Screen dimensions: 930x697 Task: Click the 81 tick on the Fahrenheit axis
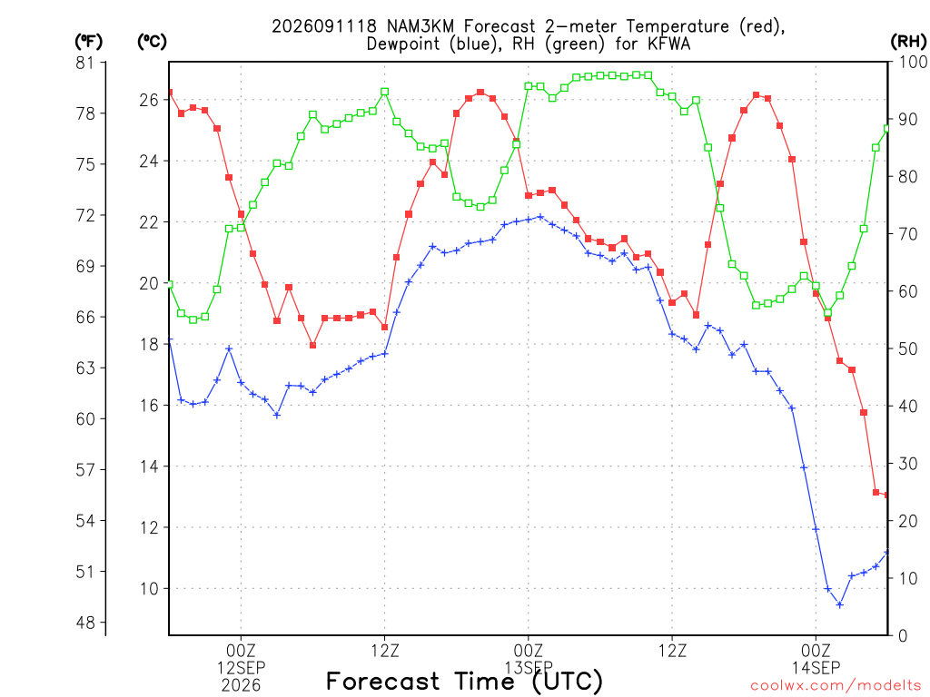coord(85,63)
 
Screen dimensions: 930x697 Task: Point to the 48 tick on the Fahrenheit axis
coord(85,623)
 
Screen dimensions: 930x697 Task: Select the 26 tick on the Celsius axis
coord(150,100)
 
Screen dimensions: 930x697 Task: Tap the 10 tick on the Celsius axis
coord(150,588)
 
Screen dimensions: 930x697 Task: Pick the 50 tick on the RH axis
coord(908,349)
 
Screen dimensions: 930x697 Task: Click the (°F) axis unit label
coord(88,42)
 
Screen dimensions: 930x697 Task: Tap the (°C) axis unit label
coord(152,42)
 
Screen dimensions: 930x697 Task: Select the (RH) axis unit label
coord(908,42)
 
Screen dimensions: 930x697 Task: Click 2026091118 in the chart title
coord(324,26)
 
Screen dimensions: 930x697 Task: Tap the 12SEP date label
coord(241,668)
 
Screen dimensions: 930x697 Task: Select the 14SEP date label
coord(816,668)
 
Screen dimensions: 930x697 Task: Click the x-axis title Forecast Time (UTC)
coord(464,682)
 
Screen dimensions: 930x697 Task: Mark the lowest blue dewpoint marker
coord(840,604)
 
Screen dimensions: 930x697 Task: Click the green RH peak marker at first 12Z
coord(385,92)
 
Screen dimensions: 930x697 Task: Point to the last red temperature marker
coord(886,495)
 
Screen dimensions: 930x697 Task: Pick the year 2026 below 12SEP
coord(241,686)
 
